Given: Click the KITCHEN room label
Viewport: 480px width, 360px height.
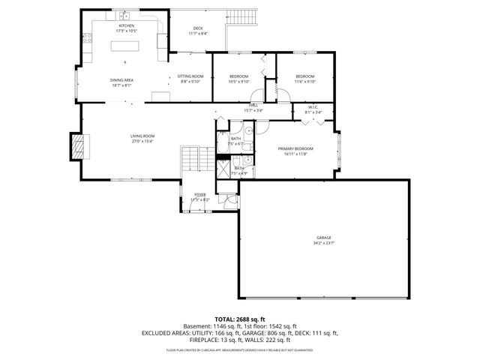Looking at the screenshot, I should pyautogui.click(x=126, y=26).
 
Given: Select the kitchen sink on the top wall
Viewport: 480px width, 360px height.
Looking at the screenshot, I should pyautogui.click(x=124, y=16).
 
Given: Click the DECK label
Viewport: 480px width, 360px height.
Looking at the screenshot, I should pyautogui.click(x=198, y=28).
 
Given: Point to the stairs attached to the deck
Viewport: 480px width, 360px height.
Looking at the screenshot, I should pyautogui.click(x=244, y=18).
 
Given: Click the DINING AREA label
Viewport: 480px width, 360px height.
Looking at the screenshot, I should pyautogui.click(x=121, y=80).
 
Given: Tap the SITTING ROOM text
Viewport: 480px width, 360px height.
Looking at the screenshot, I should pyautogui.click(x=190, y=76).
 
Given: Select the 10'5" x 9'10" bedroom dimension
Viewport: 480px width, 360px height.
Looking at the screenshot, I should pyautogui.click(x=238, y=82).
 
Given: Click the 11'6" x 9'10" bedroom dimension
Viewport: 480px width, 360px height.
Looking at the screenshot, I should pyautogui.click(x=304, y=82).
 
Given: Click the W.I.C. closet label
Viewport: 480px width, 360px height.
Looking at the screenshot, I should pyautogui.click(x=313, y=107).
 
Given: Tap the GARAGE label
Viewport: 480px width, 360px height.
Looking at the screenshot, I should pyautogui.click(x=324, y=239).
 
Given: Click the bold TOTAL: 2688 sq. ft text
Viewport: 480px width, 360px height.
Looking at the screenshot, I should pyautogui.click(x=240, y=319).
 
